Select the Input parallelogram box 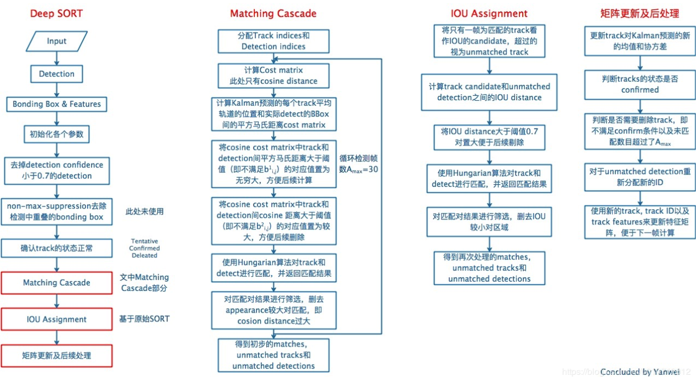[x=57, y=41]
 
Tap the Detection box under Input [x=57, y=74]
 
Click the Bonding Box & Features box [x=57, y=104]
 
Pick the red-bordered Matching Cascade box [x=57, y=283]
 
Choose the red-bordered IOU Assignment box [x=57, y=319]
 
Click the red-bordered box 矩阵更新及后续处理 [x=57, y=356]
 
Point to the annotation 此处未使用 [x=144, y=211]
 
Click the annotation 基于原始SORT [x=144, y=319]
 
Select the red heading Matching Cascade [x=273, y=14]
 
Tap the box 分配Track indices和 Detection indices [x=273, y=41]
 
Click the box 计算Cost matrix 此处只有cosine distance [x=273, y=76]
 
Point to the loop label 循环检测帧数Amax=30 [x=359, y=163]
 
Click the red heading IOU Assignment [x=489, y=14]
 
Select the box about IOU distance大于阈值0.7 [x=489, y=137]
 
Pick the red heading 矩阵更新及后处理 [x=639, y=14]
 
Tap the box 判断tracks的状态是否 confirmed [x=640, y=84]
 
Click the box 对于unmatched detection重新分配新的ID [x=640, y=177]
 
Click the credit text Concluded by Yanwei [x=639, y=372]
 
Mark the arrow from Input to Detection [x=57, y=57]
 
